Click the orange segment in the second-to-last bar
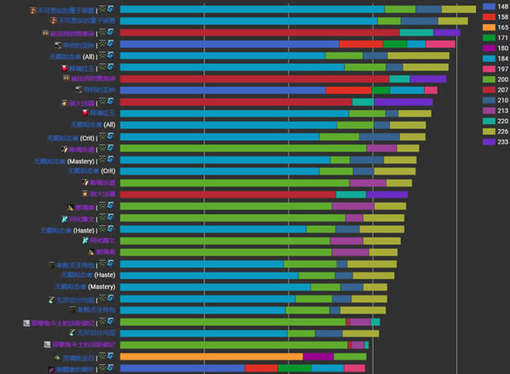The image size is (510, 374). click(x=211, y=357)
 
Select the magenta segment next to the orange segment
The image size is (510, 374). click(x=318, y=357)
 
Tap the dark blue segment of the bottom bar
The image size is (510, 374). click(x=182, y=368)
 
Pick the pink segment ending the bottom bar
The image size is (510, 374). click(x=355, y=368)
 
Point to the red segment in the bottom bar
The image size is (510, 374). click(x=261, y=368)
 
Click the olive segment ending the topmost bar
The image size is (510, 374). click(x=459, y=9)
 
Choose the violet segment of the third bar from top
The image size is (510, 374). click(x=451, y=32)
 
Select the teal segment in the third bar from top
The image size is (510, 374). click(x=417, y=32)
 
